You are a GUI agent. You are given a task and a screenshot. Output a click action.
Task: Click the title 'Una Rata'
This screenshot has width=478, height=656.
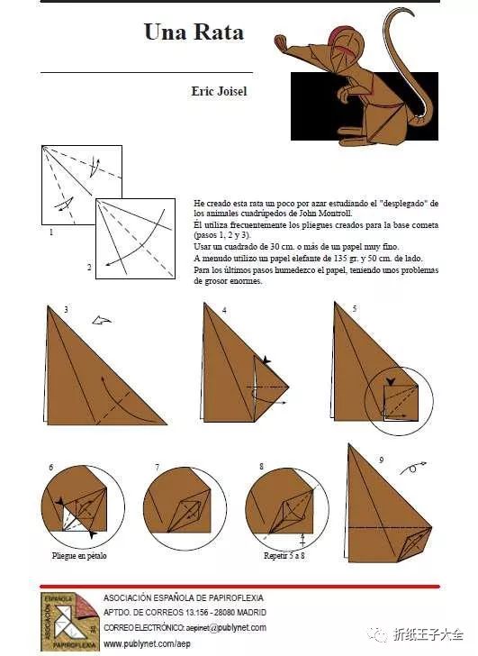coord(194,32)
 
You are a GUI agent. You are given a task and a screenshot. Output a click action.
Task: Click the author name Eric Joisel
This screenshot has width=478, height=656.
coord(219,91)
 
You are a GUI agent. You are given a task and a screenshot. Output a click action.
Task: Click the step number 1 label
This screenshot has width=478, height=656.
coord(51,232)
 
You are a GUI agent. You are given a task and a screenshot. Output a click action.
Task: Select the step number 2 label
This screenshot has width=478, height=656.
coord(89,267)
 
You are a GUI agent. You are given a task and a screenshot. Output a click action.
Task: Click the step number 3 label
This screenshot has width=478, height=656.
coord(66,310)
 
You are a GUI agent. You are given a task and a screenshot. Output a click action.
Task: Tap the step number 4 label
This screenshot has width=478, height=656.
coord(224,310)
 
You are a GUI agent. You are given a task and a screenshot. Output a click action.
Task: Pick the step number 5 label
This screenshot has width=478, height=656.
coord(355,309)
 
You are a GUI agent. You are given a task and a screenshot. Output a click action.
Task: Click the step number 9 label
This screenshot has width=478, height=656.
coord(382,460)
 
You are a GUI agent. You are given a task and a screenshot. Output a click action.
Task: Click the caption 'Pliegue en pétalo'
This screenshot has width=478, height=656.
coord(79,556)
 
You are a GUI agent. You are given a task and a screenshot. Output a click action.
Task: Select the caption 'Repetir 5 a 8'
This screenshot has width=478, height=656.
coord(284,556)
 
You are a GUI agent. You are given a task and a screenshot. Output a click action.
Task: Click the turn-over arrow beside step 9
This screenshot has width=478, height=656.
coord(413,468)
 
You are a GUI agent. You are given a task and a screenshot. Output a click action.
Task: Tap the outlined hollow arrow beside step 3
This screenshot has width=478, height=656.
coord(102,321)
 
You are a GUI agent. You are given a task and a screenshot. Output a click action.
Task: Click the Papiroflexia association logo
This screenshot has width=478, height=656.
coord(70,621)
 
